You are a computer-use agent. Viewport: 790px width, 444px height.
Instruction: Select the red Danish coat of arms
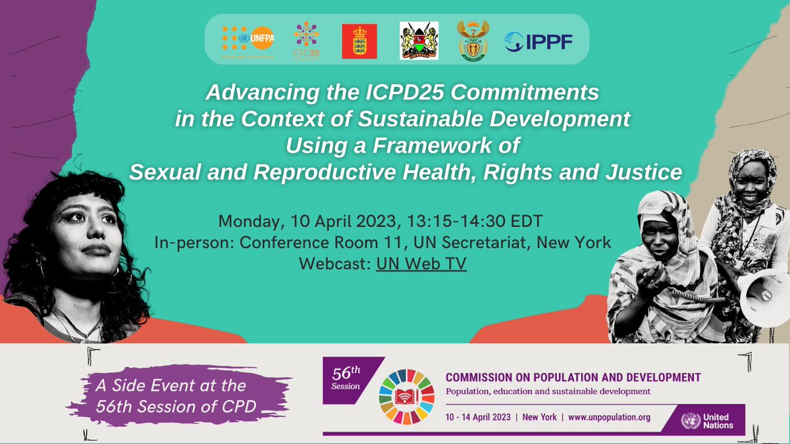[359, 41]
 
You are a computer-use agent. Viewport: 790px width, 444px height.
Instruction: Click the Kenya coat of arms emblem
[419, 41]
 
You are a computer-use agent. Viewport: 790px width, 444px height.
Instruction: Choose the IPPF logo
[539, 41]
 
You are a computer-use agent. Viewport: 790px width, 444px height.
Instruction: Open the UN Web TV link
[421, 265]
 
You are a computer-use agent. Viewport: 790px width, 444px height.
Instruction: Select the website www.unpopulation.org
[609, 417]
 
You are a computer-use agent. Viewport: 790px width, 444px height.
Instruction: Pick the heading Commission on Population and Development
[573, 378]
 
